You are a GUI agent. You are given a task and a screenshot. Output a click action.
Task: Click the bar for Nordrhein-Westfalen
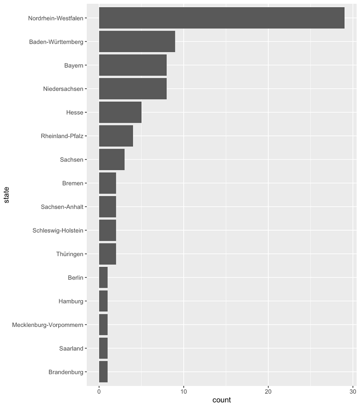[222, 18]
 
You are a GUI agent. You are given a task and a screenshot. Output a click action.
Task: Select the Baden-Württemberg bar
[137, 42]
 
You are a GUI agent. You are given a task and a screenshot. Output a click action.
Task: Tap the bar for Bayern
[133, 65]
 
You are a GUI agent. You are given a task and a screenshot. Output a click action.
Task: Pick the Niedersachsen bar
[133, 89]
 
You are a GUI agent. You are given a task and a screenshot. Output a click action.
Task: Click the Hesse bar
[120, 113]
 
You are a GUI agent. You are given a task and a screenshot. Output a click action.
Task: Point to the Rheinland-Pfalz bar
[116, 136]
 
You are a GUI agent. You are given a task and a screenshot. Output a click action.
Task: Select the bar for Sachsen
[112, 160]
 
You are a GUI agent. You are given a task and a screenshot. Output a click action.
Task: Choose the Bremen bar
[107, 183]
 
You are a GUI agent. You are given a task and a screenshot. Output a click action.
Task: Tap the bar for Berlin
[103, 278]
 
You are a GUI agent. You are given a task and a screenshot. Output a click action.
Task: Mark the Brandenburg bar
[103, 372]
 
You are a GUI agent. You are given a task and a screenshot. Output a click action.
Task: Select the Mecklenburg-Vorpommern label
[48, 325]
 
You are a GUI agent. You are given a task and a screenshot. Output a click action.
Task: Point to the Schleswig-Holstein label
[58, 230]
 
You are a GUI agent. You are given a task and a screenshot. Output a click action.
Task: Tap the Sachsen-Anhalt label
[62, 207]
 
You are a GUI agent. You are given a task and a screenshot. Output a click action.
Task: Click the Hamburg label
[71, 301]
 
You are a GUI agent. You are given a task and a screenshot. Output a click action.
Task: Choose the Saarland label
[71, 348]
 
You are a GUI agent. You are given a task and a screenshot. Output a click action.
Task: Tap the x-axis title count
[222, 400]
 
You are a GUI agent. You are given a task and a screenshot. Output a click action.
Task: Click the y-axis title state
[6, 195]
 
